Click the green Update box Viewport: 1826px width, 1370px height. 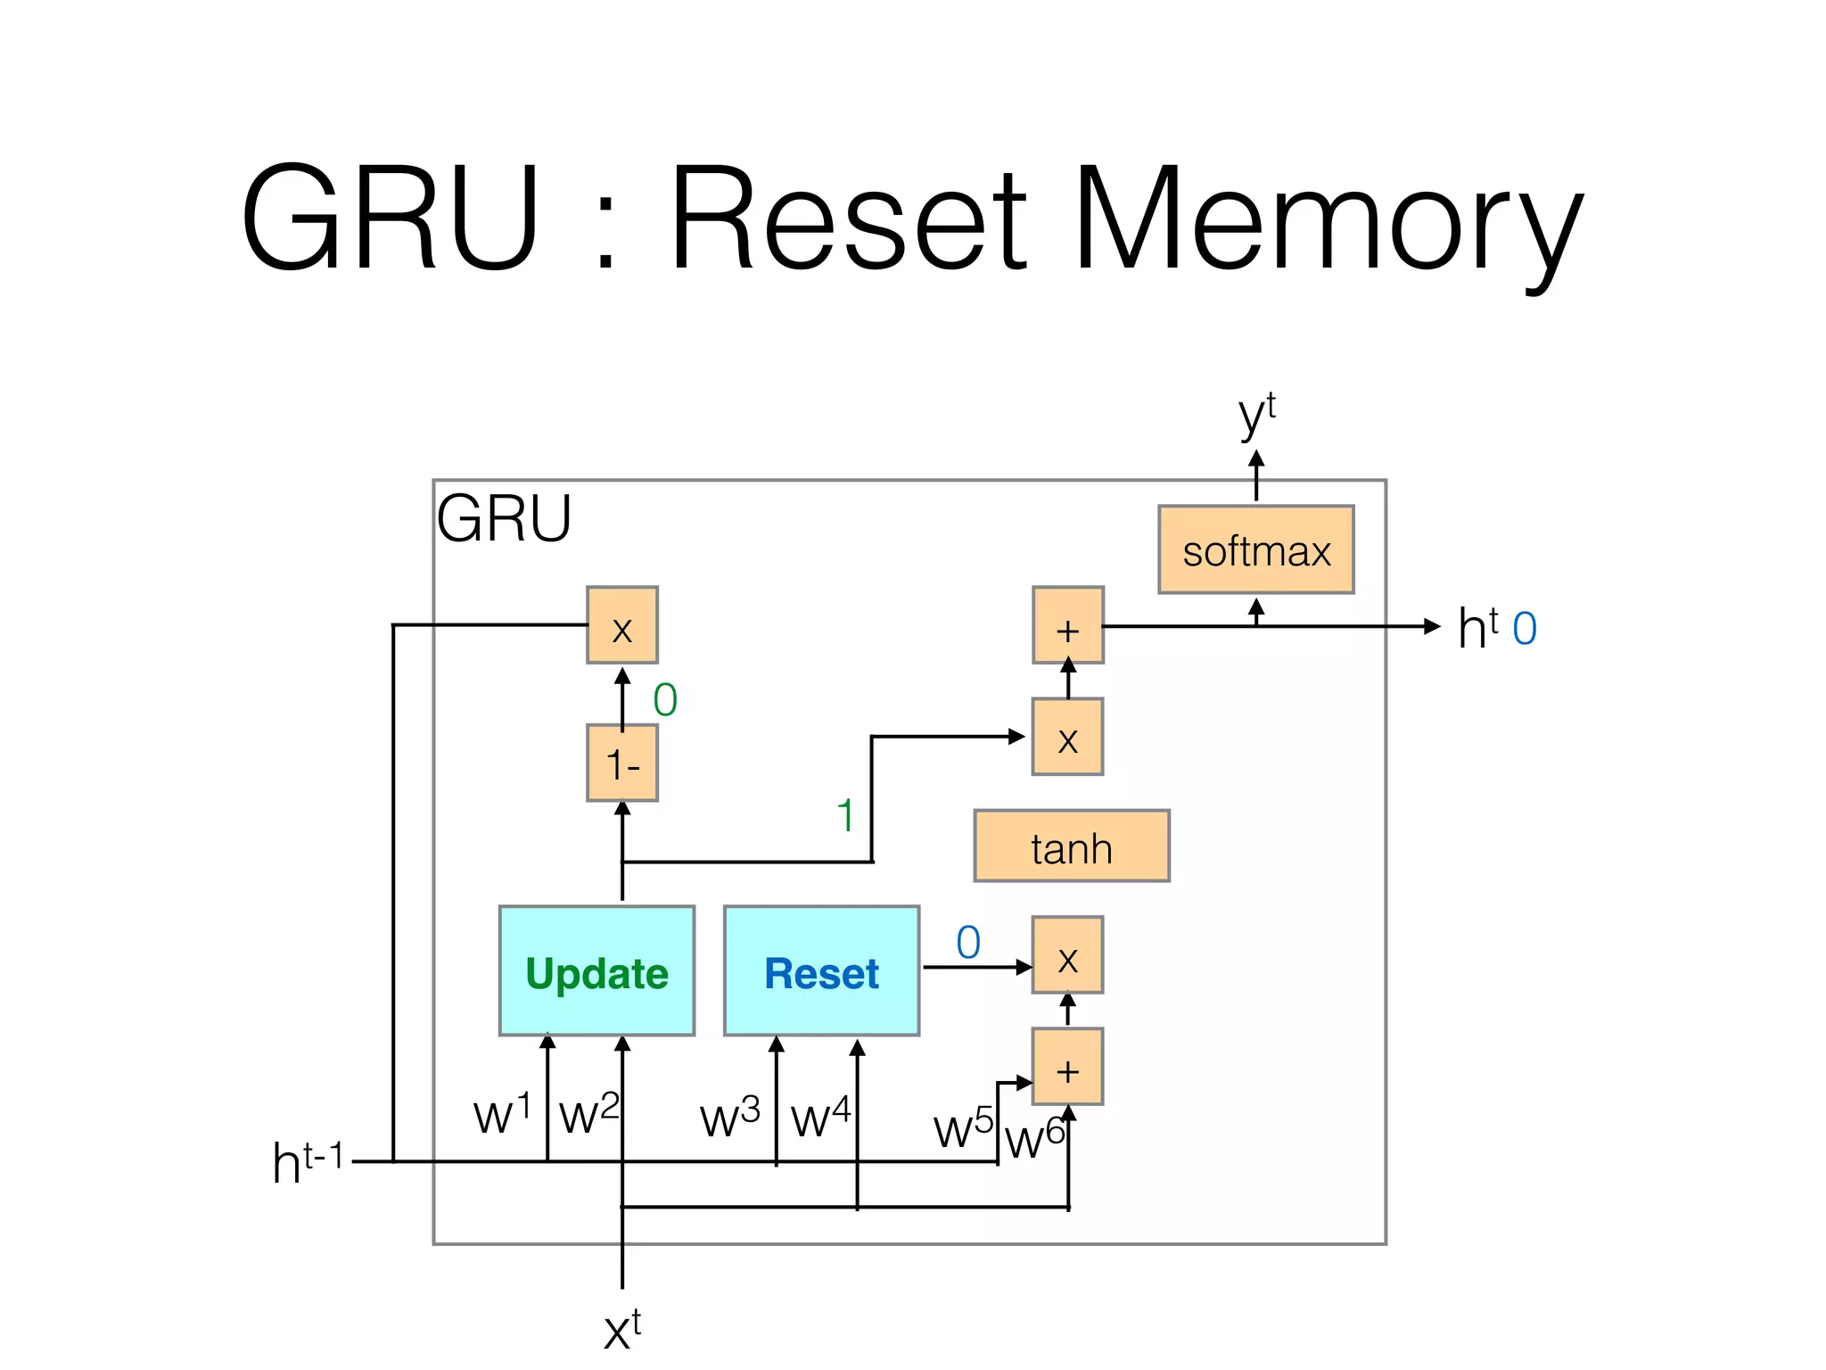(596, 970)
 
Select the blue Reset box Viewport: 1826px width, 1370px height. (821, 970)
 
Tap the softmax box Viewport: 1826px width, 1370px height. (1255, 549)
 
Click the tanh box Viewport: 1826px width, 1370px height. (1071, 846)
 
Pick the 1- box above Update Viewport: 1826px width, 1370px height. (622, 763)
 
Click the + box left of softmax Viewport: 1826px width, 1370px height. (1067, 625)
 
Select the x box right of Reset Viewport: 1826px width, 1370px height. (1067, 955)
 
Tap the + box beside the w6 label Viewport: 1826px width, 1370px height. (1067, 1067)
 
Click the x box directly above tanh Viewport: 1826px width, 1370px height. (1067, 737)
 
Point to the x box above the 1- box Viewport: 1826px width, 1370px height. (622, 625)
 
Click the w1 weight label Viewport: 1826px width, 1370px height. (502, 1113)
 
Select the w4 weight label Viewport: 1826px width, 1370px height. (820, 1117)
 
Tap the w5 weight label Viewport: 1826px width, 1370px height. (963, 1127)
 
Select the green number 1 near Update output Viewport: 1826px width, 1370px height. (845, 815)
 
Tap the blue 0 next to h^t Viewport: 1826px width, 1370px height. (1525, 628)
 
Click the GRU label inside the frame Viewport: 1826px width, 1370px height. (504, 518)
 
